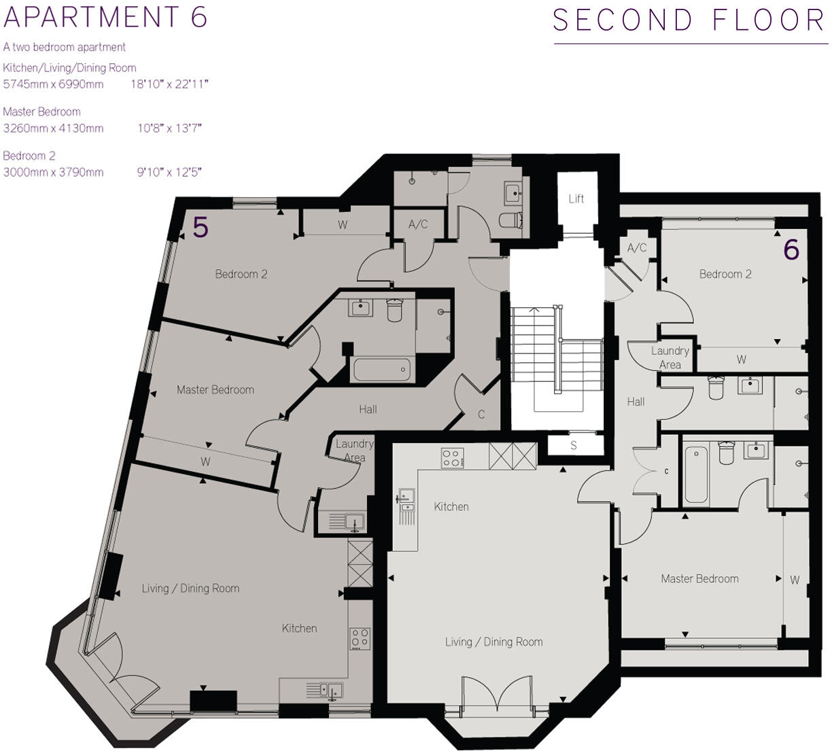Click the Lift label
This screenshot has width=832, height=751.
pos(576,198)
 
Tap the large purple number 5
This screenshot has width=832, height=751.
pos(200,228)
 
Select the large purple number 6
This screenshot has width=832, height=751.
pos(791,250)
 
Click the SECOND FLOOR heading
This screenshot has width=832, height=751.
pos(689,20)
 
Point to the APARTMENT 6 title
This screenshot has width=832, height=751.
pos(105,17)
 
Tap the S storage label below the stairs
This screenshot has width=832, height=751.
pos(574,446)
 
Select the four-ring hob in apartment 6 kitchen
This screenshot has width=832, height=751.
pos(452,457)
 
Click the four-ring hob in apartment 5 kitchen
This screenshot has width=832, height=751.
pos(360,638)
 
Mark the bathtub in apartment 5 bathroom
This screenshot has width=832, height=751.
pos(381,370)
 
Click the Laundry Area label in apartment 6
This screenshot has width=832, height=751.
pos(670,357)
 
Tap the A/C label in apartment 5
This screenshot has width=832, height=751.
pos(418,224)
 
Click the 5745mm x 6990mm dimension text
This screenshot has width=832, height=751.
pos(54,84)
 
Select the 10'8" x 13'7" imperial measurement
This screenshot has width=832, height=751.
pos(169,128)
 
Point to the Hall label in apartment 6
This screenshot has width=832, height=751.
pos(636,402)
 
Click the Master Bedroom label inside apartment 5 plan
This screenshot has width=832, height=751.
pos(215,389)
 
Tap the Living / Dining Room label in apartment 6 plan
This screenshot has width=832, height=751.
pos(493,642)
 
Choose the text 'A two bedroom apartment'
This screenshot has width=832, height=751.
pos(65,47)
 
